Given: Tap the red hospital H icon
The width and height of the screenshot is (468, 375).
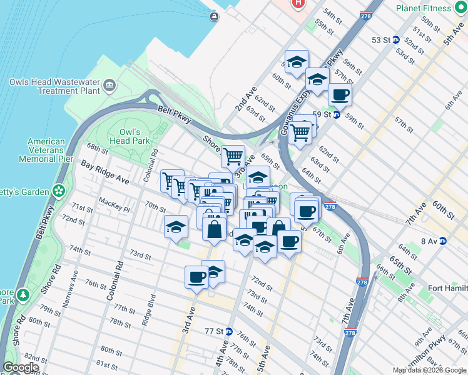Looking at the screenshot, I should [298, 3].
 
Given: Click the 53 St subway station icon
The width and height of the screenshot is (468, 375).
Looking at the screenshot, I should [395, 40].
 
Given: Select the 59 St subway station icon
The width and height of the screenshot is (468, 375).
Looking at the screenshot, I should [336, 114].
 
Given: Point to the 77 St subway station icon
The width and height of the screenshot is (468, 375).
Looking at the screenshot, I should [229, 331].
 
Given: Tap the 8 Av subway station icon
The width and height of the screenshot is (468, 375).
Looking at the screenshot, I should [443, 241].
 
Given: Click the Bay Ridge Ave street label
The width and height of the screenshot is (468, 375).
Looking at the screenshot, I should [105, 172].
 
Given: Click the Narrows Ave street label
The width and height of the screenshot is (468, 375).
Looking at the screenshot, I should [69, 287].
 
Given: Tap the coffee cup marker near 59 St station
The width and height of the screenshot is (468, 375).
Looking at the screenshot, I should [340, 94].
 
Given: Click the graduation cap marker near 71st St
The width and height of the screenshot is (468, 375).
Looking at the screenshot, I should [176, 227].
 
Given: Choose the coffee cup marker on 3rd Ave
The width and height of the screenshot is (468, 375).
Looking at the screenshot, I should [196, 276].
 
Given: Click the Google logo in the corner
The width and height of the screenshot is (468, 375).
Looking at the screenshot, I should [21, 367].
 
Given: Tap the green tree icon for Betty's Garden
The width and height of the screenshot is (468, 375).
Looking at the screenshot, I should [59, 190].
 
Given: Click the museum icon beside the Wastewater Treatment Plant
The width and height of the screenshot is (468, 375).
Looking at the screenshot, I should [109, 84].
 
